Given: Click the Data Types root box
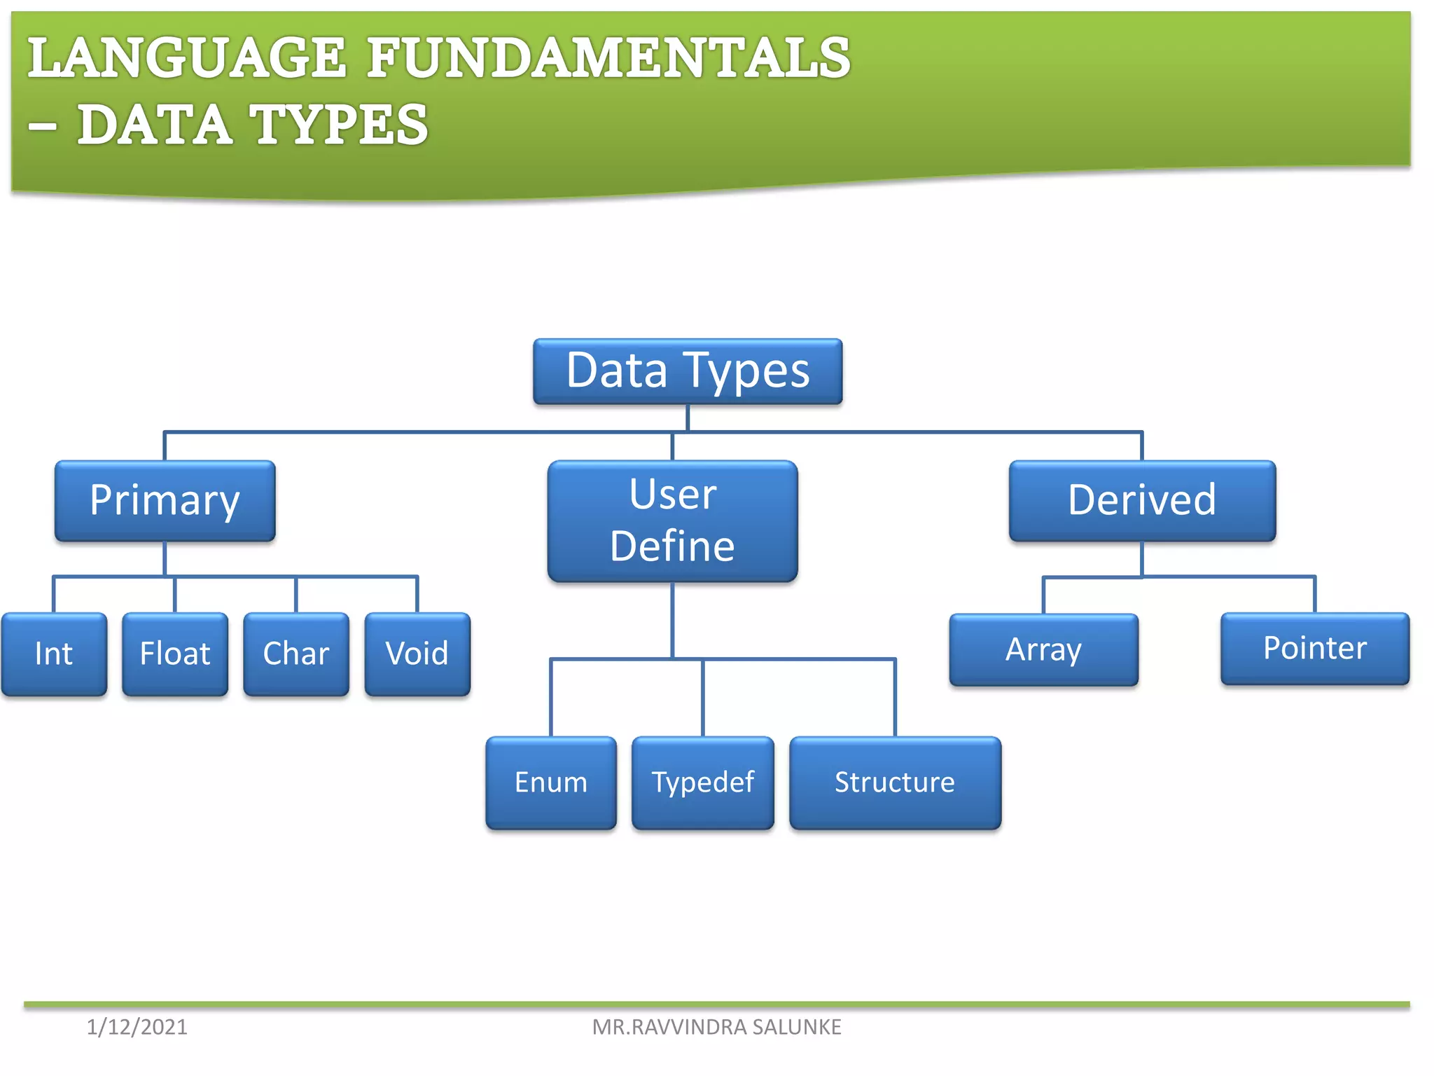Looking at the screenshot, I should point(687,371).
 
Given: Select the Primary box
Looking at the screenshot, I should point(165,501).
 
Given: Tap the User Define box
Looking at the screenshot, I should point(672,520).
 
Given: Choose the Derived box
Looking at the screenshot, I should point(1142,501).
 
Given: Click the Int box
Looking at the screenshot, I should point(54,654).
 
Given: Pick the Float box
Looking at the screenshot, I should point(175,654).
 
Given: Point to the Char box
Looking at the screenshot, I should point(296,654).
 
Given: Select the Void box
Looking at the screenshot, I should point(417,654).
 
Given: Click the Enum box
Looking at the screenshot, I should point(551,782).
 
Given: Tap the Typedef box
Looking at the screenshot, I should point(702,782).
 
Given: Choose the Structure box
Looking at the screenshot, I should point(895,782).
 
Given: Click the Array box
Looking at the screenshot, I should point(1043,649).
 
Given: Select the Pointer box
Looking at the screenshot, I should point(1314,648).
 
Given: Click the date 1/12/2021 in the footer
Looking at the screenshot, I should point(137,1027).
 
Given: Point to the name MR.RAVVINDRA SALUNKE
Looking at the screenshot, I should point(716,1027).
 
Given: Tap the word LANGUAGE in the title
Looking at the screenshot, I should point(186,57).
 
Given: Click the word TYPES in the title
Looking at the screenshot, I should point(339,125).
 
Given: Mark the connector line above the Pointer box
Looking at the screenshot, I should point(1314,595).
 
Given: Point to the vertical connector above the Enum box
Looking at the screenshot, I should point(551,697).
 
